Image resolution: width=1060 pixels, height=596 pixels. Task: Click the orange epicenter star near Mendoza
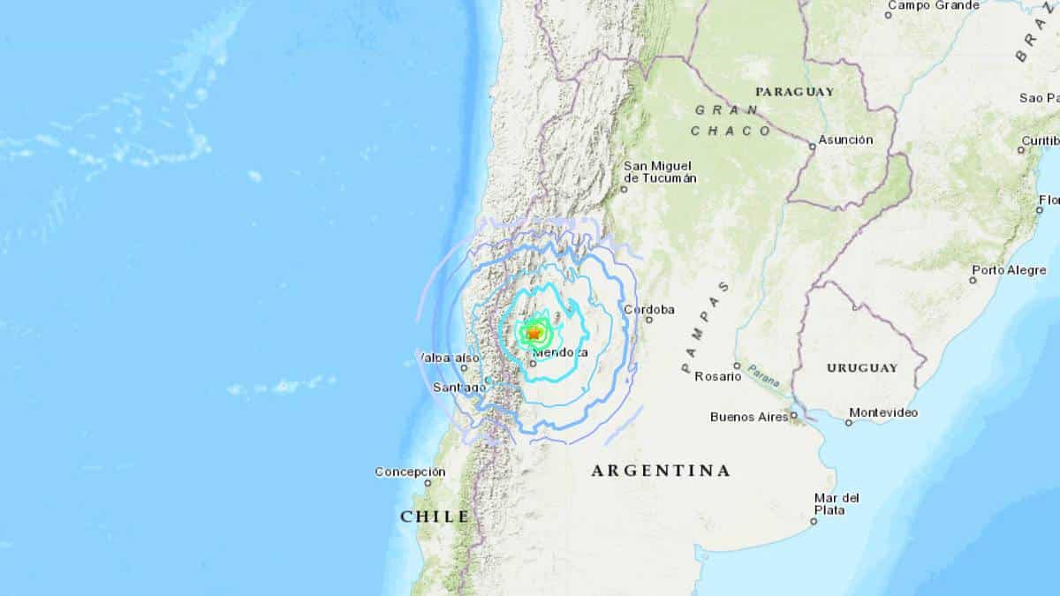pyautogui.click(x=533, y=333)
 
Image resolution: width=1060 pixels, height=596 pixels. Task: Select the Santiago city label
pyautogui.click(x=459, y=388)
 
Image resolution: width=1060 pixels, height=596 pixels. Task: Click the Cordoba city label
pyautogui.click(x=649, y=309)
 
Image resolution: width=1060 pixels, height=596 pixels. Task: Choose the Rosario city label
pyautogui.click(x=717, y=376)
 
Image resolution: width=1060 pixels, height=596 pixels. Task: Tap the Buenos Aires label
pyautogui.click(x=749, y=417)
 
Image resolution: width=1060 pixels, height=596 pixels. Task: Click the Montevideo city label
pyautogui.click(x=883, y=412)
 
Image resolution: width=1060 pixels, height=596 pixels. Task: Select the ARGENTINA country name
pyautogui.click(x=661, y=471)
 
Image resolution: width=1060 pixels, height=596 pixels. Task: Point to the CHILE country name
pyautogui.click(x=435, y=516)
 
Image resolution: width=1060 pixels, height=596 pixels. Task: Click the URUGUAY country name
pyautogui.click(x=862, y=367)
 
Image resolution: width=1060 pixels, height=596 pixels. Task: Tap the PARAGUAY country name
pyautogui.click(x=795, y=91)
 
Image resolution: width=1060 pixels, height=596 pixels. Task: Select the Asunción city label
pyautogui.click(x=845, y=140)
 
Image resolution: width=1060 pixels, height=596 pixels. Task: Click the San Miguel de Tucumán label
pyautogui.click(x=659, y=171)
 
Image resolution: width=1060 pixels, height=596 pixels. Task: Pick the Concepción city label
pyautogui.click(x=409, y=472)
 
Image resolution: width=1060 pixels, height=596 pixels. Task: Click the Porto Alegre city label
pyautogui.click(x=1007, y=269)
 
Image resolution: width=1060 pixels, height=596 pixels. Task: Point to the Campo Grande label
pyautogui.click(x=933, y=5)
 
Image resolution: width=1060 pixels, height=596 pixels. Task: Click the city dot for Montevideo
pyautogui.click(x=848, y=423)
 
